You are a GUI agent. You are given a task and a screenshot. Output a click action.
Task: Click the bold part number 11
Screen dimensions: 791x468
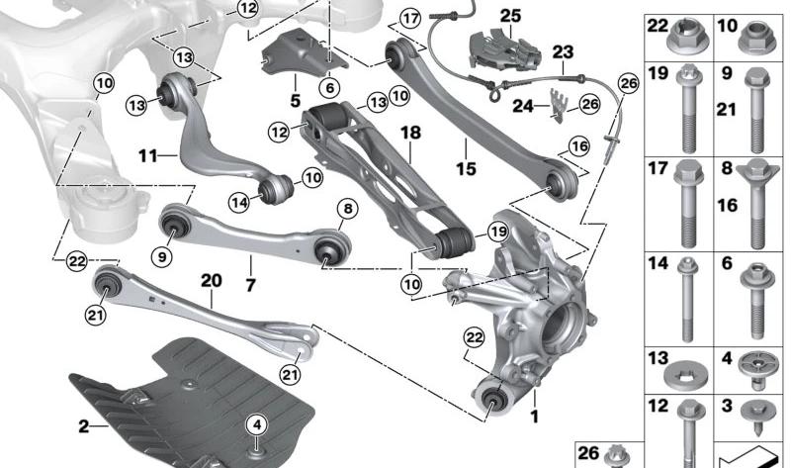click(x=148, y=156)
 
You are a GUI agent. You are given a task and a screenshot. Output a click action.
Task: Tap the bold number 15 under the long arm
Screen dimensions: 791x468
click(x=466, y=168)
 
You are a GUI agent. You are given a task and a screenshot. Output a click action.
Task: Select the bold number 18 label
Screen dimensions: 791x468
click(x=410, y=134)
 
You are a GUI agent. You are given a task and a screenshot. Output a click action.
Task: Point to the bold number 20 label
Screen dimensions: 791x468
click(x=212, y=281)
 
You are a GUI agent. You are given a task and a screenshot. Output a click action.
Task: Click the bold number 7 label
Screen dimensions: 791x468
click(x=250, y=286)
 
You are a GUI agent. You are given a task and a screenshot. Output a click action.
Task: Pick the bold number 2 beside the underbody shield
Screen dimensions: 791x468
click(x=84, y=426)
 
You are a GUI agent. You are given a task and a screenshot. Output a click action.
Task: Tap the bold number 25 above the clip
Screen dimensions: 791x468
click(x=510, y=16)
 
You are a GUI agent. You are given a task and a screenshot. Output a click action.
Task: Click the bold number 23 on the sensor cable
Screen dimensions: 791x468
click(x=563, y=52)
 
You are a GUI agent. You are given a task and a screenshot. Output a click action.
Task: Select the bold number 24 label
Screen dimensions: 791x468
click(x=523, y=106)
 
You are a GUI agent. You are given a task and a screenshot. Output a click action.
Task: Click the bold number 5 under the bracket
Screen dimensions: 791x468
click(x=295, y=101)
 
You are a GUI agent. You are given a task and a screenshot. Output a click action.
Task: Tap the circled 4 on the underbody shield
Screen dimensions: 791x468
click(x=257, y=425)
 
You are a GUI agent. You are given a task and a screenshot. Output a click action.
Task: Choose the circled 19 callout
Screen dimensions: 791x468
click(x=498, y=232)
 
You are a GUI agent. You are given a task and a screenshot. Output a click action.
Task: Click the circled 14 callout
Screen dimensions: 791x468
click(x=239, y=203)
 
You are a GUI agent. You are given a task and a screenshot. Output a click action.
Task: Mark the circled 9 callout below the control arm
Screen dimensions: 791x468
click(x=162, y=257)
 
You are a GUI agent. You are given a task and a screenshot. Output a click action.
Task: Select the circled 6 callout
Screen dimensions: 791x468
click(x=330, y=88)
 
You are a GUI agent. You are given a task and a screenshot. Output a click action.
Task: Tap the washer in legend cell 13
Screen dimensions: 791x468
click(x=685, y=373)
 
